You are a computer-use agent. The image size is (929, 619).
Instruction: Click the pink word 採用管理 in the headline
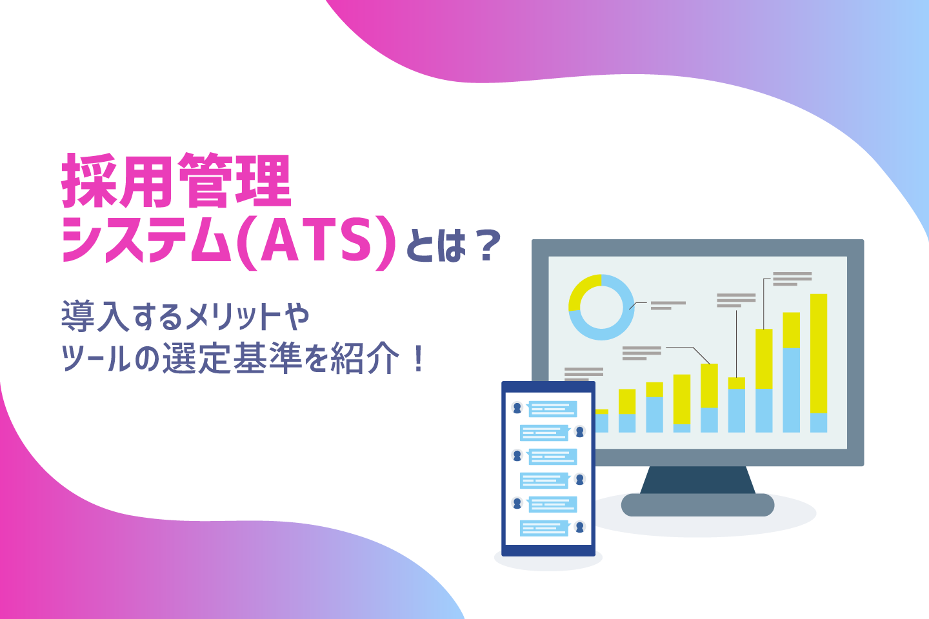(176, 181)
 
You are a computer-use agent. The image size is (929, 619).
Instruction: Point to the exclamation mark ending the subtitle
(419, 359)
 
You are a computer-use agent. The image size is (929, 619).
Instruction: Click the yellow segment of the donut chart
(583, 290)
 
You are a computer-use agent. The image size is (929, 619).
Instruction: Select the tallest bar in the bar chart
(818, 363)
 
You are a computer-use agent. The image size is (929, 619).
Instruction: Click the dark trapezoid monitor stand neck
(697, 480)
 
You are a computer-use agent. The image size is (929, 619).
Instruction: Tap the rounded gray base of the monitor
(697, 505)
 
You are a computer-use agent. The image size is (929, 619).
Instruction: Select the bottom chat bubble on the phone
(545, 528)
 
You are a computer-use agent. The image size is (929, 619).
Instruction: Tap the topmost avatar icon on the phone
(517, 408)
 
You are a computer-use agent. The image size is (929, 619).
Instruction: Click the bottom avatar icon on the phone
(580, 527)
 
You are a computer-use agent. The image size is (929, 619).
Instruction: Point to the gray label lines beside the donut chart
(668, 306)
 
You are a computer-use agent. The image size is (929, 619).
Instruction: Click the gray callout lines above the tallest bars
(792, 279)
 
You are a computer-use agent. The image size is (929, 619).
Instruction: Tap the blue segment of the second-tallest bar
(791, 390)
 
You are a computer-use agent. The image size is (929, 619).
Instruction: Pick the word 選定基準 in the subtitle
(232, 359)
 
